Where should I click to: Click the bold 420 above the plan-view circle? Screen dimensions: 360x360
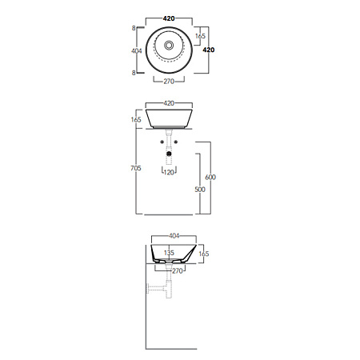tap(169, 18)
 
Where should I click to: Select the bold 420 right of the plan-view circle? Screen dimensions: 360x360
tap(209, 50)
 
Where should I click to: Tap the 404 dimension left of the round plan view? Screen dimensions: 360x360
tap(137, 50)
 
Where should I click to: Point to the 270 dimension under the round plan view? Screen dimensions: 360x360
tap(169, 82)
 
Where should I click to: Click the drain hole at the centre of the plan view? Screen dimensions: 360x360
tap(169, 46)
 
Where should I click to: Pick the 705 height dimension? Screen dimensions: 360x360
tap(136, 168)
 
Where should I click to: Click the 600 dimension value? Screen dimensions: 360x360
tap(210, 177)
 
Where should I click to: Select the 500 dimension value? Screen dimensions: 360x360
tap(200, 190)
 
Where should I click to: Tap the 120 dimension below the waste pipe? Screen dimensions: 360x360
tap(169, 173)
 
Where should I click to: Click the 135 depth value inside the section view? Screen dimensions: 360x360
tap(169, 253)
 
